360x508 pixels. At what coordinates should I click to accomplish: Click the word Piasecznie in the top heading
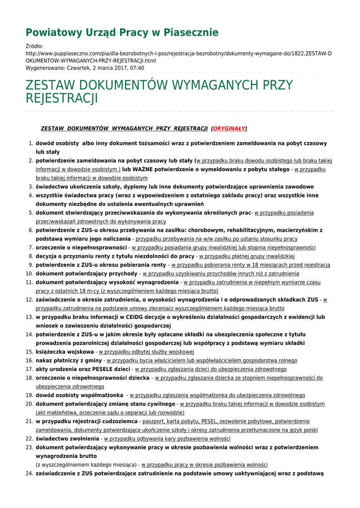[x=191, y=33]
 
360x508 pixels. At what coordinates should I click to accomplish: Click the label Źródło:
[x=34, y=46]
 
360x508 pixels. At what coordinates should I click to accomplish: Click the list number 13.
[x=29, y=317]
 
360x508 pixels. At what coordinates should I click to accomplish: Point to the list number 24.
[x=29, y=473]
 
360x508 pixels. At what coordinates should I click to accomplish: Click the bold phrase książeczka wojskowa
[x=65, y=351]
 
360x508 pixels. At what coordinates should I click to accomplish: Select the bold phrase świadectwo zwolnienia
[x=67, y=439]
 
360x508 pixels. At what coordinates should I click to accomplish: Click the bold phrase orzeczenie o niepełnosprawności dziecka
[x=92, y=378]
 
